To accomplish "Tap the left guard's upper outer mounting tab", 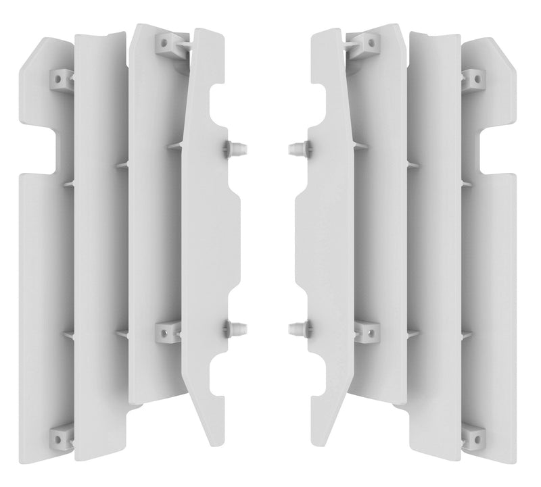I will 62,80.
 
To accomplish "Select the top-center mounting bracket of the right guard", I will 371,43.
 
